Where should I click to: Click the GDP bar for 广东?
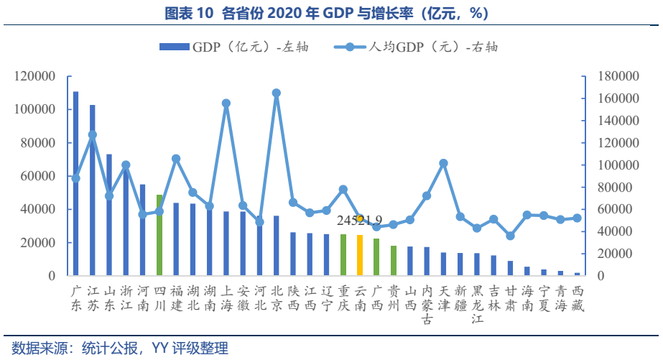click(x=76, y=184)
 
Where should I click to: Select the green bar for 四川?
click(x=159, y=235)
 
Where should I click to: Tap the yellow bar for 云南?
click(x=360, y=255)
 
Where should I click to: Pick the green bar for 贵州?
click(x=394, y=261)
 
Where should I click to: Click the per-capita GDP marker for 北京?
click(x=277, y=93)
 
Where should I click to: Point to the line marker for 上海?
click(x=226, y=103)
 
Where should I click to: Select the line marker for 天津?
click(x=443, y=163)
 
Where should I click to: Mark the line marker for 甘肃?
click(x=510, y=236)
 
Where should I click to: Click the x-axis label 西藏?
click(x=578, y=298)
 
